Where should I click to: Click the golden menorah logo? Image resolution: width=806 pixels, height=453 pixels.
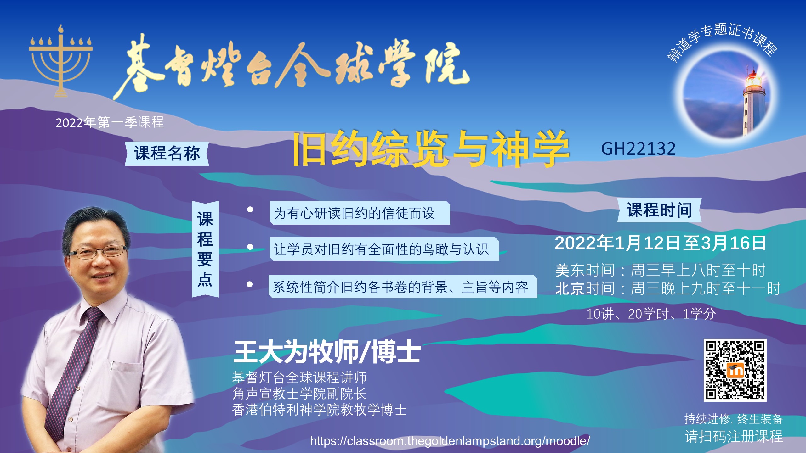click(x=61, y=61)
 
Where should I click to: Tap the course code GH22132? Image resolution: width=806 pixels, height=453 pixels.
click(x=638, y=148)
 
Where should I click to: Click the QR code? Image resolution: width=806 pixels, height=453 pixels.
click(x=735, y=370)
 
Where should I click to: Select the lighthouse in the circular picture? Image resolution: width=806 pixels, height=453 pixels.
click(x=753, y=104)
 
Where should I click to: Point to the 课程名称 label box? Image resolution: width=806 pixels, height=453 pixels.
click(x=167, y=154)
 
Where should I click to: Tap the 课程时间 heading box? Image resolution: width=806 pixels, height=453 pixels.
click(x=659, y=210)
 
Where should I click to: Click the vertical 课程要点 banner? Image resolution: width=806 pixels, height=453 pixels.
click(x=205, y=249)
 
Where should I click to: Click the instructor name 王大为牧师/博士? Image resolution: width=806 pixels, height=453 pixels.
click(x=327, y=352)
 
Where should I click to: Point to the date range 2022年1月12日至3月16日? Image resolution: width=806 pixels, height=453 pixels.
click(x=660, y=243)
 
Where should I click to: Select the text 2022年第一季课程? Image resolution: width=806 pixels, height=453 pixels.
click(x=110, y=122)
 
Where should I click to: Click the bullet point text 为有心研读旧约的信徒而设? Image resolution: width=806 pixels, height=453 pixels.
click(x=355, y=213)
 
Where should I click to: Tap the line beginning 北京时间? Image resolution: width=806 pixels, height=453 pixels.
click(x=668, y=288)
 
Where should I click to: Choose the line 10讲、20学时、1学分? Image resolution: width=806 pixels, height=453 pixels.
click(x=651, y=314)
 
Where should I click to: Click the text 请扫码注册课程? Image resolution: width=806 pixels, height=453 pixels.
click(x=734, y=436)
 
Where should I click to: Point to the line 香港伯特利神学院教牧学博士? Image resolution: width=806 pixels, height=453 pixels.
click(x=319, y=410)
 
